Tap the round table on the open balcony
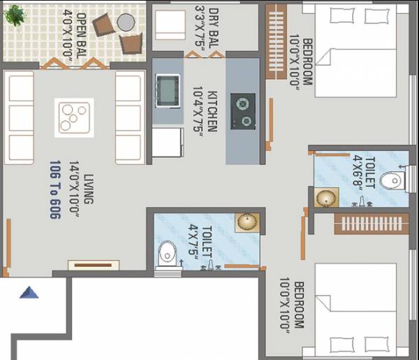pyautogui.click(x=125, y=23)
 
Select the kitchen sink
pyautogui.click(x=167, y=89)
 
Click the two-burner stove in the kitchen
pyautogui.click(x=243, y=112)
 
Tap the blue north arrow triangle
pyautogui.click(x=29, y=292)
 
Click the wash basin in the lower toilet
pyautogui.click(x=245, y=222)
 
